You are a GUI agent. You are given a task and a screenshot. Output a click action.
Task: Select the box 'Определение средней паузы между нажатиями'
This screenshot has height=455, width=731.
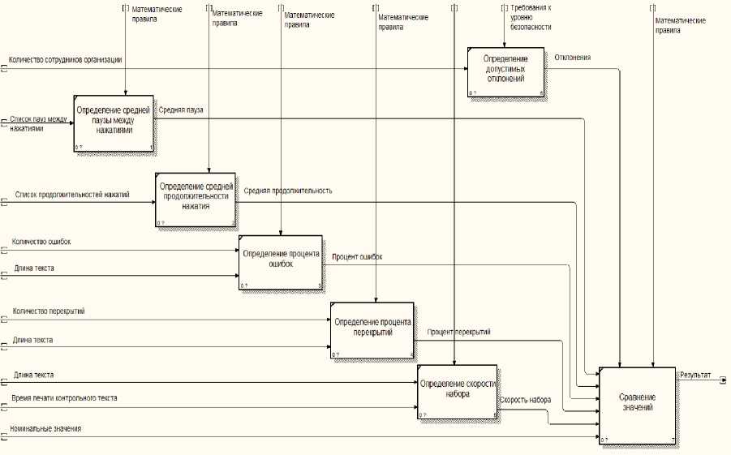(x=114, y=122)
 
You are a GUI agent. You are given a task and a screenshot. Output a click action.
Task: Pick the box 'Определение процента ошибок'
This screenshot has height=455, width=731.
(x=281, y=262)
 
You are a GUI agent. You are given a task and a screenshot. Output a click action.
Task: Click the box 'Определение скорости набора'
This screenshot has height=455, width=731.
(x=458, y=392)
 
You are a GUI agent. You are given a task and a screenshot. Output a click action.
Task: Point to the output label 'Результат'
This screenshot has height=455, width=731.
(x=695, y=376)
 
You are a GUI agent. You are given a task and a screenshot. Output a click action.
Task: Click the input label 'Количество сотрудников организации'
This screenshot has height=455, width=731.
(x=65, y=60)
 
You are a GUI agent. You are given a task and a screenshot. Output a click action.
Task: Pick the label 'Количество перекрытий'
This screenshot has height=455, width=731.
(x=49, y=311)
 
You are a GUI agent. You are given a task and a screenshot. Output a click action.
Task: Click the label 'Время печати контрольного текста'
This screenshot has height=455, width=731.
(x=64, y=398)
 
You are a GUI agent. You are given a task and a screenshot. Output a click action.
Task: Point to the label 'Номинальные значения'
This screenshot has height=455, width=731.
(x=45, y=428)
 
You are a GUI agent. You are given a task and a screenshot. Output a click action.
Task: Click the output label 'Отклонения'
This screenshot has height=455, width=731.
(x=573, y=58)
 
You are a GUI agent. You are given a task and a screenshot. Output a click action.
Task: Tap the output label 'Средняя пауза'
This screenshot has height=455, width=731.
(x=181, y=109)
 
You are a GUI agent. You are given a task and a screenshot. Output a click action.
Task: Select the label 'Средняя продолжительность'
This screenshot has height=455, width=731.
(x=288, y=191)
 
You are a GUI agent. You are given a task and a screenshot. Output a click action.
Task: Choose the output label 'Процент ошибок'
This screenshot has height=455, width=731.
(x=358, y=257)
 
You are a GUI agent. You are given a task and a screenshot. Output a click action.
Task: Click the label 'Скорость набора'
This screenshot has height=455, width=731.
(x=526, y=401)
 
